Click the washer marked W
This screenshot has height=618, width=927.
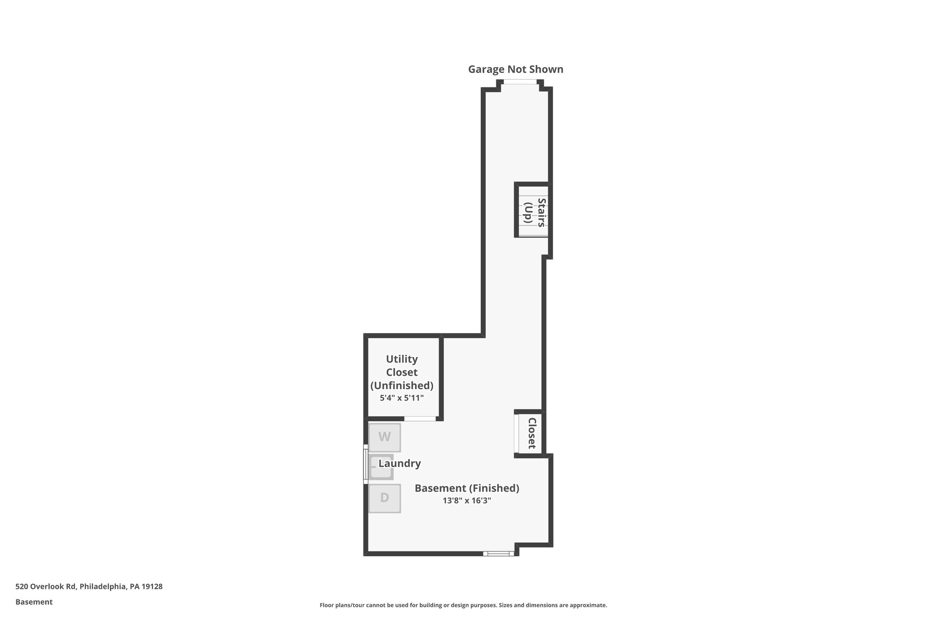tap(384, 437)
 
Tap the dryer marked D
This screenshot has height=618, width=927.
tap(384, 498)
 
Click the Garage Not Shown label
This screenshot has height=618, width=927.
tap(516, 69)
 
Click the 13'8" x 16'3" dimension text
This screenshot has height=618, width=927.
tap(467, 501)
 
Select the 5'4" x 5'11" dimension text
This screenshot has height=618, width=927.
tap(401, 398)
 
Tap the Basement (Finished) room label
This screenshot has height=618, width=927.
tap(467, 488)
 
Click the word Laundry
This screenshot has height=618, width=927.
tap(400, 464)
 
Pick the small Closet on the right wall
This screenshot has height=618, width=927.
tap(531, 433)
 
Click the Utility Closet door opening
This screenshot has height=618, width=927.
tap(420, 419)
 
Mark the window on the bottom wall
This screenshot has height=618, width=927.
tap(498, 553)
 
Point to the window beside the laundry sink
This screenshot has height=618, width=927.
tap(365, 464)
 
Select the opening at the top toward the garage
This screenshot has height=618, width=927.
tap(520, 82)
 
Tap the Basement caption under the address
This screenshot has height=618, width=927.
tap(34, 602)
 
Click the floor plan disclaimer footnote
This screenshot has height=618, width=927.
tap(463, 605)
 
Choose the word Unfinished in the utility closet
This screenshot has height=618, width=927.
tap(401, 385)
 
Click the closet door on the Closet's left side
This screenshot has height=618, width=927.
tap(516, 433)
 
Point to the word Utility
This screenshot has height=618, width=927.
tap(401, 359)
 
